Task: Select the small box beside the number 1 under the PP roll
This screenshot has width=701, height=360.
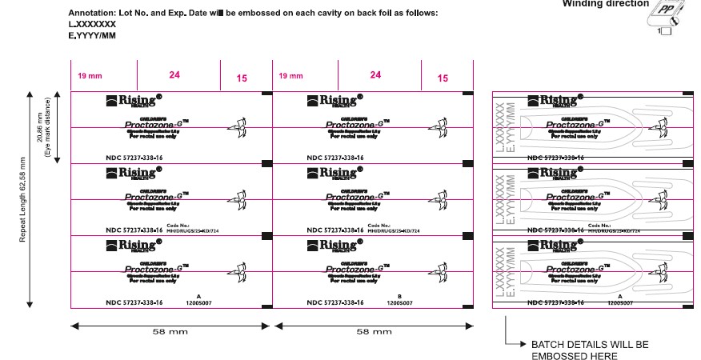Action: [x=666, y=30]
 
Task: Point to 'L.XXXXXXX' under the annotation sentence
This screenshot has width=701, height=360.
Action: [x=92, y=25]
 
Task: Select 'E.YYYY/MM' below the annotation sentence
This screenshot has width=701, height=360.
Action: [x=92, y=36]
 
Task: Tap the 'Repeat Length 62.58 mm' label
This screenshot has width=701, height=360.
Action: [x=23, y=198]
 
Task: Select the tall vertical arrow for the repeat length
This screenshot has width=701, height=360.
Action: [x=30, y=199]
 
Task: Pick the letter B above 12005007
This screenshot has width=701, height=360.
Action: [x=399, y=296]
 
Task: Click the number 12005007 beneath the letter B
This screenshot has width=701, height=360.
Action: [x=399, y=303]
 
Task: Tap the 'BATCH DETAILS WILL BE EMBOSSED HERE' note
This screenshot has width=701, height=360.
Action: [x=590, y=350]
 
